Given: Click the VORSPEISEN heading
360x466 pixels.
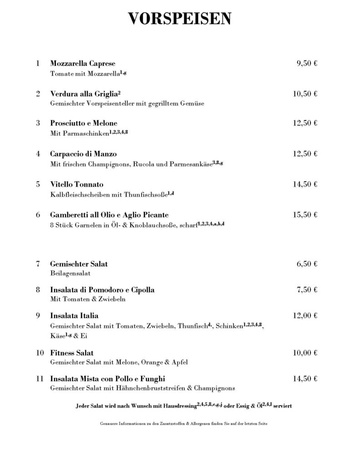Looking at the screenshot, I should pos(180,19).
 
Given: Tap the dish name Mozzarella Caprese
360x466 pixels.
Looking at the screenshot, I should pos(82,63).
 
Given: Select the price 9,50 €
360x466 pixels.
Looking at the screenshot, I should pos(307,63).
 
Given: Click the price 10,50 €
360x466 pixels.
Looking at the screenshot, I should pos(305,94).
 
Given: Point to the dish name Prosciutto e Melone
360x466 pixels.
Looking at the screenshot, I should pos(84,123).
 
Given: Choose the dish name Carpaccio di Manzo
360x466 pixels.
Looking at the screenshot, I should pos(83,154).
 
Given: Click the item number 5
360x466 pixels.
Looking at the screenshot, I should pos(38,184).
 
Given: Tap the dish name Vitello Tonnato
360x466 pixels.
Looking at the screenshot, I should pos(77,184).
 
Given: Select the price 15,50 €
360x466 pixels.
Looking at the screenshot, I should pos(305,214).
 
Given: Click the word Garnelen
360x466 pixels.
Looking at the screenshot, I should pos(87,224).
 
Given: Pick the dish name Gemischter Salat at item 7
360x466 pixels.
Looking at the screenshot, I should pos(79,264).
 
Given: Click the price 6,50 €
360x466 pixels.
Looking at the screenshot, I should pos(307,264).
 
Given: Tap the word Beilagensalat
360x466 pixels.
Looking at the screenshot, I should pos(71,274).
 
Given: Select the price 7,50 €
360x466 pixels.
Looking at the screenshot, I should pos(307,289).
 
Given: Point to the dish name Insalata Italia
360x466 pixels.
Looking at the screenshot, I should pos(74,315).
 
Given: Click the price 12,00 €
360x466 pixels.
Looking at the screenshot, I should pos(305,315).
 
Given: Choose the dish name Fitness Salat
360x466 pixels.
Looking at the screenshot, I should pos(72,353).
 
